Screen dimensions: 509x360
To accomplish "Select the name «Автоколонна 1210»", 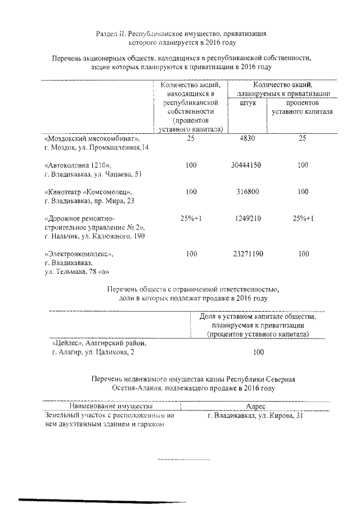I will pos(78,165).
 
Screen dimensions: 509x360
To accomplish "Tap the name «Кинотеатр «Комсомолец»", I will pos(89,192).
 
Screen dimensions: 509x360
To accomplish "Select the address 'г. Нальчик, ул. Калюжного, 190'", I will pos(94,236).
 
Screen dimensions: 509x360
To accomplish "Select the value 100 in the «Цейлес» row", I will pos(259,353).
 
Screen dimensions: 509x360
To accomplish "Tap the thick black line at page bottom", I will pos(101,500).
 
